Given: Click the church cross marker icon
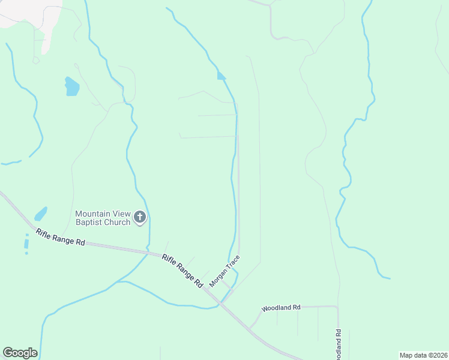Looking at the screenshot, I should tap(140, 217).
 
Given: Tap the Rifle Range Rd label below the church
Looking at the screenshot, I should tap(60, 237).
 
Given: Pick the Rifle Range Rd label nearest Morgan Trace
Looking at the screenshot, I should tap(182, 271).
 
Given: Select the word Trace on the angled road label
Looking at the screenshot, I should tap(233, 262).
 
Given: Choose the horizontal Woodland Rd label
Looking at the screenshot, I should tap(280, 308).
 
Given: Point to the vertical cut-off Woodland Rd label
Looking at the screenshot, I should tap(339, 345).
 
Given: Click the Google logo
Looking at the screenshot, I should tap(20, 352).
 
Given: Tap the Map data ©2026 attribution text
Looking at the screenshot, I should tap(423, 355).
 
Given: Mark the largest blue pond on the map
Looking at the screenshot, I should tap(71, 87).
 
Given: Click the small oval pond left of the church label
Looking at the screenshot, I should tap(41, 213).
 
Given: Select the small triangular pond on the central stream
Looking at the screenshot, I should tap(221, 76).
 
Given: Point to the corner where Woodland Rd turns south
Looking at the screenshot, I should tap(337, 307).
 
